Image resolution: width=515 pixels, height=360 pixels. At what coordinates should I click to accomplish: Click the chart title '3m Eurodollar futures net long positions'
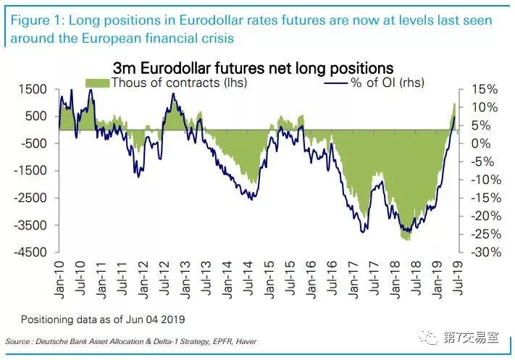click(x=253, y=69)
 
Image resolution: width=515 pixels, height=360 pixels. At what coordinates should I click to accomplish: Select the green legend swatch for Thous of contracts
click(x=98, y=83)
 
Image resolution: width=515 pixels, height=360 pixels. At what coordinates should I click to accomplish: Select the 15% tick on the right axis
click(x=483, y=89)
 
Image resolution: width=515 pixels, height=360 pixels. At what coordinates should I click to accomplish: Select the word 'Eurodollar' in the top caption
click(x=205, y=20)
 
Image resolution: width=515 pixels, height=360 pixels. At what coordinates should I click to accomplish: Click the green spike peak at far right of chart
click(x=454, y=105)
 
